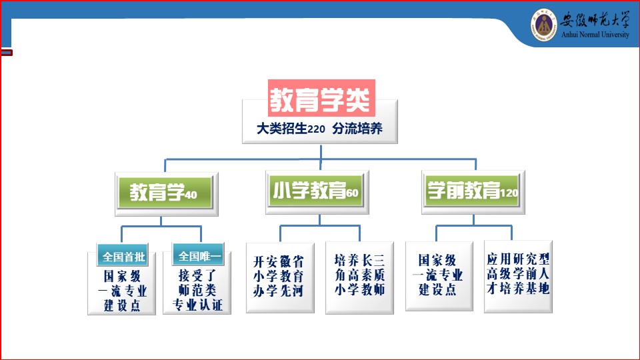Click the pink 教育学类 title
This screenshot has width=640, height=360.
click(321, 100)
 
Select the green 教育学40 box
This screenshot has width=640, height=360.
click(164, 194)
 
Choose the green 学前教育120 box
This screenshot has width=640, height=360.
click(473, 193)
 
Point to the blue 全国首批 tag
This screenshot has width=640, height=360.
click(122, 256)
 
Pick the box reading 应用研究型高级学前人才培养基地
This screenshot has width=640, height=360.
click(518, 275)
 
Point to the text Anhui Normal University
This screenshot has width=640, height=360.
click(595, 35)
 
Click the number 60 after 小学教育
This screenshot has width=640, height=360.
click(353, 194)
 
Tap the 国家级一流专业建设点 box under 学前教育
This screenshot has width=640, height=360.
click(437, 275)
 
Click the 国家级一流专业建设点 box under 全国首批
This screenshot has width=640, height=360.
click(122, 291)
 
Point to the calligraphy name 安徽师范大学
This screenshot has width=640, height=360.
click(595, 19)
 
